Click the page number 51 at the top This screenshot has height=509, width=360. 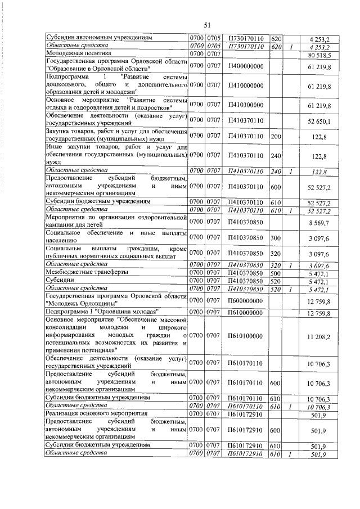click(207, 25)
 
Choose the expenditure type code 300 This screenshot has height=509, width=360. click(276, 238)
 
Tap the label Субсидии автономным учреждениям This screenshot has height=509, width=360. click(99, 38)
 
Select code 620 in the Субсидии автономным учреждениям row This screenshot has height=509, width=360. click(276, 38)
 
